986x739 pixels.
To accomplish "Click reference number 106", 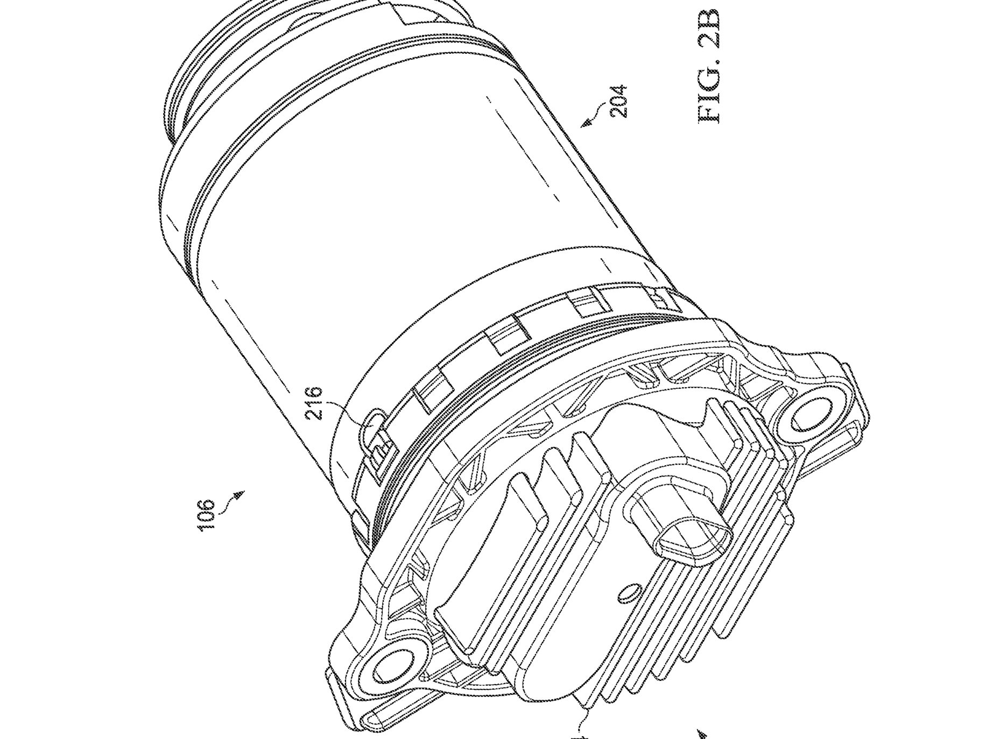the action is click(x=207, y=515).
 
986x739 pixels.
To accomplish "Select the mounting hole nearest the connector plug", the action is click(x=815, y=418).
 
